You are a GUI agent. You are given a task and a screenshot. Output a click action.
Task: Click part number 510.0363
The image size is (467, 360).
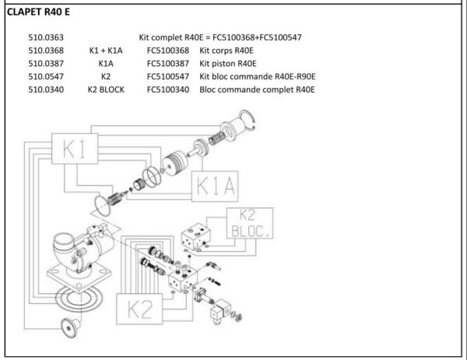[45, 37]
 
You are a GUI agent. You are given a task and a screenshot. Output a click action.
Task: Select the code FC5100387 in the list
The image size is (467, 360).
[167, 63]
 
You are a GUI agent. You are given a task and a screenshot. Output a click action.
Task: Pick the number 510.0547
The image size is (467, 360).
[45, 76]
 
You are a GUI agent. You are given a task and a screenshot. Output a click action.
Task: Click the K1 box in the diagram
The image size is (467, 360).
[75, 151]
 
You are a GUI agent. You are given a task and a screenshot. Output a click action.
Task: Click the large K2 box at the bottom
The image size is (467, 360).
[140, 309]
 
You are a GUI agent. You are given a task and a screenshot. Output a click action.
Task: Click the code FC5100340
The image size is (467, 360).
[167, 89]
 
